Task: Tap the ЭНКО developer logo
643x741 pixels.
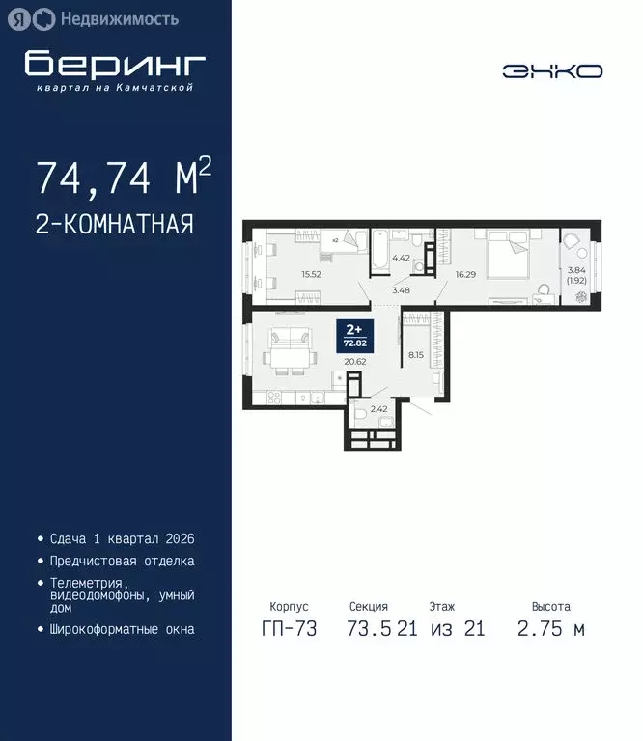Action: [x=552, y=71]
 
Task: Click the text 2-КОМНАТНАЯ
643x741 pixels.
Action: [x=115, y=225]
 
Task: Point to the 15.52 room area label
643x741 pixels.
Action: [x=311, y=274]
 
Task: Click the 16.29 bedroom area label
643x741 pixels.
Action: [x=466, y=274]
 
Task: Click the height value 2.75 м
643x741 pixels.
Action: [x=551, y=630]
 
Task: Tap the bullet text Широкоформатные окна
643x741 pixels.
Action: [x=122, y=629]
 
